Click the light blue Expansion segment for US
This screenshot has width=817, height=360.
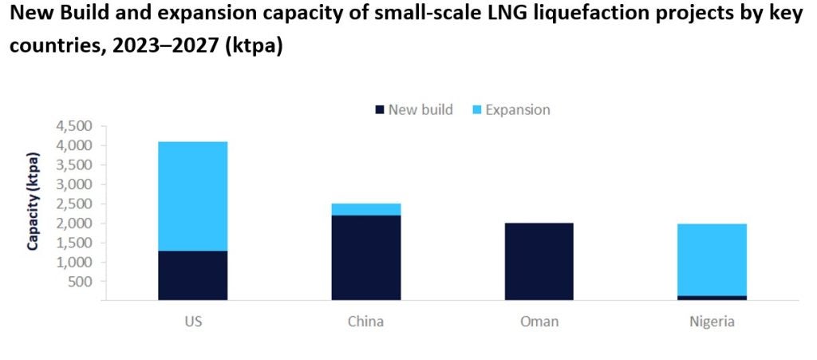point(192,196)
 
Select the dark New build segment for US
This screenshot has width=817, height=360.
point(192,275)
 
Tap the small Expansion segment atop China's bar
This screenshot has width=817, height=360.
point(366,209)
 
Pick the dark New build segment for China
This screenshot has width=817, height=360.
point(366,258)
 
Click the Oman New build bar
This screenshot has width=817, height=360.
point(539,262)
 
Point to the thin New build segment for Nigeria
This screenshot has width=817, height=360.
point(712,298)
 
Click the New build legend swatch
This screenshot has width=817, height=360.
point(380,109)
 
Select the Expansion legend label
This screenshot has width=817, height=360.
point(518,109)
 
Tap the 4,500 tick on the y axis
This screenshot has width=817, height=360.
point(74,126)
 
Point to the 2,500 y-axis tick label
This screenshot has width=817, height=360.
point(74,204)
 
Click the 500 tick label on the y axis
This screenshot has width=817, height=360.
point(81,282)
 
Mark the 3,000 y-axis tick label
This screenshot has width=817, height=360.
point(74,184)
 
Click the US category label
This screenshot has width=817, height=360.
point(192,322)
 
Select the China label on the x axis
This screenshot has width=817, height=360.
point(366,322)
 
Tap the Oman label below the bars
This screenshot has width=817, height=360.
point(539,322)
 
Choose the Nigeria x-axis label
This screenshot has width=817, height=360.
point(712,322)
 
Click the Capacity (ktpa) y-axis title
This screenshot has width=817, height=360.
point(34,201)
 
